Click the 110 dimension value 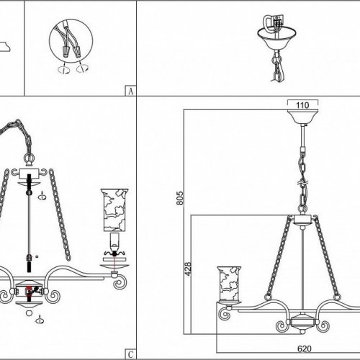tap(302, 105)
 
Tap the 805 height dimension tap(180, 198)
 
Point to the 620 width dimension tap(305, 348)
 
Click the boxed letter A tap(130, 91)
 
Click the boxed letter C tap(130, 354)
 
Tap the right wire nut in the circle tap(77, 53)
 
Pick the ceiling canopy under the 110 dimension tap(303, 117)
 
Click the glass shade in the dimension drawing tap(229, 284)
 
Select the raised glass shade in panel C tap(114, 210)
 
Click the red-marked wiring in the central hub tap(30, 290)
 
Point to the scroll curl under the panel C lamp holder tap(120, 282)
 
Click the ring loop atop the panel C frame tap(29, 159)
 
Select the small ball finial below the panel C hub tap(29, 313)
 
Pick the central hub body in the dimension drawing tap(302, 322)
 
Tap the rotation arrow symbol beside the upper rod tap(42, 197)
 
